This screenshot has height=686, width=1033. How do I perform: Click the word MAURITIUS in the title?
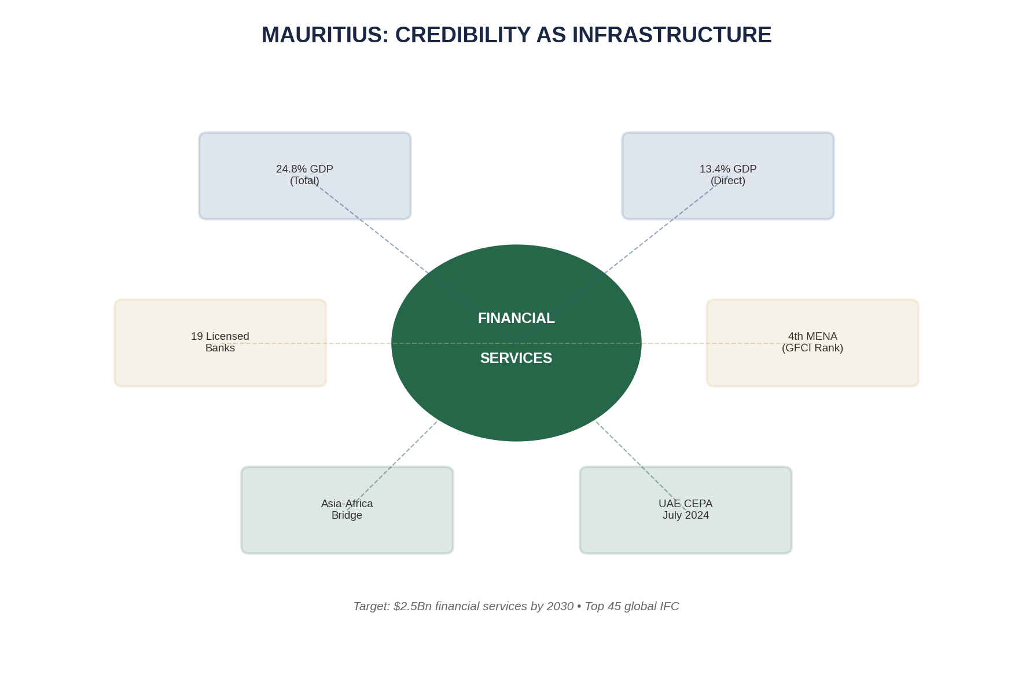[325, 35]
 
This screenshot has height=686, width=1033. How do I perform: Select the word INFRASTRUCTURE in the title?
[672, 35]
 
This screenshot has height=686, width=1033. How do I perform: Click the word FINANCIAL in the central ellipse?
[516, 318]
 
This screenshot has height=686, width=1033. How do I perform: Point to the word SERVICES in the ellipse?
[516, 358]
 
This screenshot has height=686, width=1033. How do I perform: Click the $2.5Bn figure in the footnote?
[412, 606]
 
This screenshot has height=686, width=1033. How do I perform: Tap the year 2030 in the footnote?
[560, 606]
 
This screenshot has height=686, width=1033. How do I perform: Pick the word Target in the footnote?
[370, 606]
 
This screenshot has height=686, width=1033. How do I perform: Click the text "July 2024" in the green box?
[686, 515]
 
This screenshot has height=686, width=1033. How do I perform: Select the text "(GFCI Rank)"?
[813, 348]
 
